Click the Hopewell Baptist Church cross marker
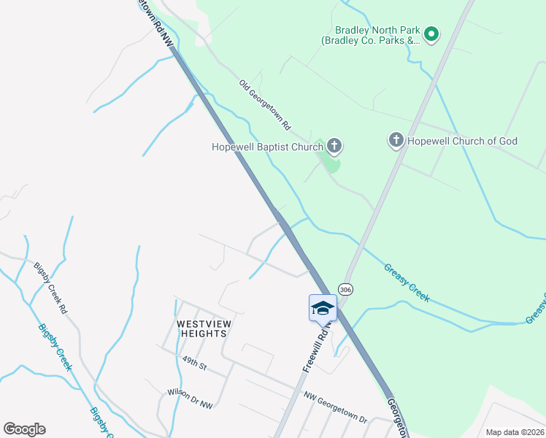click(x=334, y=147)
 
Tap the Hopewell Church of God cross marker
click(x=396, y=140)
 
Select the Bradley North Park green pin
click(x=431, y=34)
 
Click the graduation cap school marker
click(x=323, y=308)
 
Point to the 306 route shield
click(x=346, y=289)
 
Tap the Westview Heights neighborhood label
click(x=201, y=328)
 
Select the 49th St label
click(x=196, y=364)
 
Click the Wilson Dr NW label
click(x=189, y=399)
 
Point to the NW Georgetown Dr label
click(x=335, y=407)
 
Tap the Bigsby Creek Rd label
click(x=50, y=288)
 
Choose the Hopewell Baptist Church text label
click(x=267, y=147)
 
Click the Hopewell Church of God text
click(x=463, y=140)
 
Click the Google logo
click(x=24, y=429)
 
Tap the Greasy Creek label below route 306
click(x=407, y=283)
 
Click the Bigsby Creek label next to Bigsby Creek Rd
click(x=55, y=347)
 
